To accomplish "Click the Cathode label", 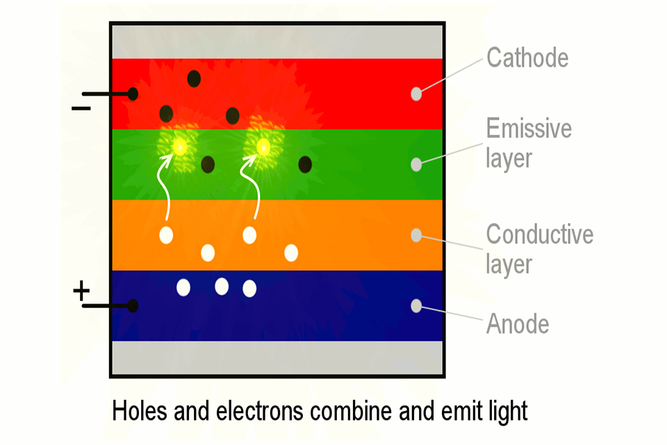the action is click(527, 58).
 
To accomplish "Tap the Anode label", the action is click(517, 323).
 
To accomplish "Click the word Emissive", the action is click(529, 128).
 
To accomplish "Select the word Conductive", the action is click(539, 234).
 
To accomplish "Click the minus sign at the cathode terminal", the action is click(81, 108).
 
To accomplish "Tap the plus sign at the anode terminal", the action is click(81, 291).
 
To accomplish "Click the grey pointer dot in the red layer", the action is click(416, 94).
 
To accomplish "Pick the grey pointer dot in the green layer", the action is click(416, 164).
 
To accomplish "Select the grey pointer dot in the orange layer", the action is click(416, 235).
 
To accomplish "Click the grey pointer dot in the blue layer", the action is click(416, 306).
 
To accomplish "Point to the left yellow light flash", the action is click(179, 147).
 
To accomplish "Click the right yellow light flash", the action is click(263, 147).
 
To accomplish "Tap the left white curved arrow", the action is click(164, 187).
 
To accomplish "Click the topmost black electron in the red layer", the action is click(194, 79).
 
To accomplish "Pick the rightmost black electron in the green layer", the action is click(305, 164).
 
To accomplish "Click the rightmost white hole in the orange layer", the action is click(291, 253).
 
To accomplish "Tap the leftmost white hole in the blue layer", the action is click(183, 288).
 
